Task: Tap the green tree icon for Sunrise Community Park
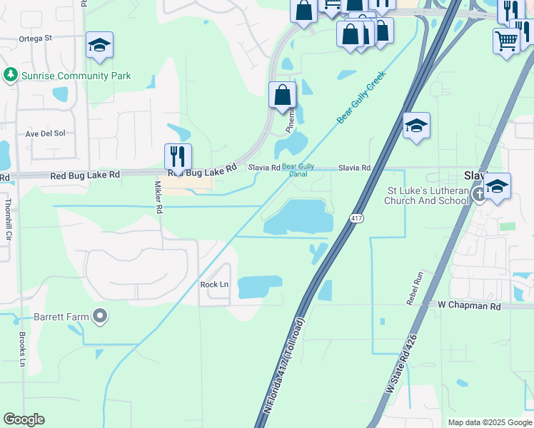tap(11, 75)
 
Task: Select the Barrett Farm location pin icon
tap(100, 315)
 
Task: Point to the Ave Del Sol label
tap(45, 133)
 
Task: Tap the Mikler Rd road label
tap(158, 198)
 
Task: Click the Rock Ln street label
tap(214, 284)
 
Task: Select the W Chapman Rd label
tap(469, 305)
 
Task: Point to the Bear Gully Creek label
tap(361, 97)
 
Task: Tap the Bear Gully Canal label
tap(298, 170)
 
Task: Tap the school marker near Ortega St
tap(99, 46)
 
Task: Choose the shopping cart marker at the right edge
tap(506, 41)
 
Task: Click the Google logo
tap(24, 419)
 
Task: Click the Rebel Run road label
tap(415, 288)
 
